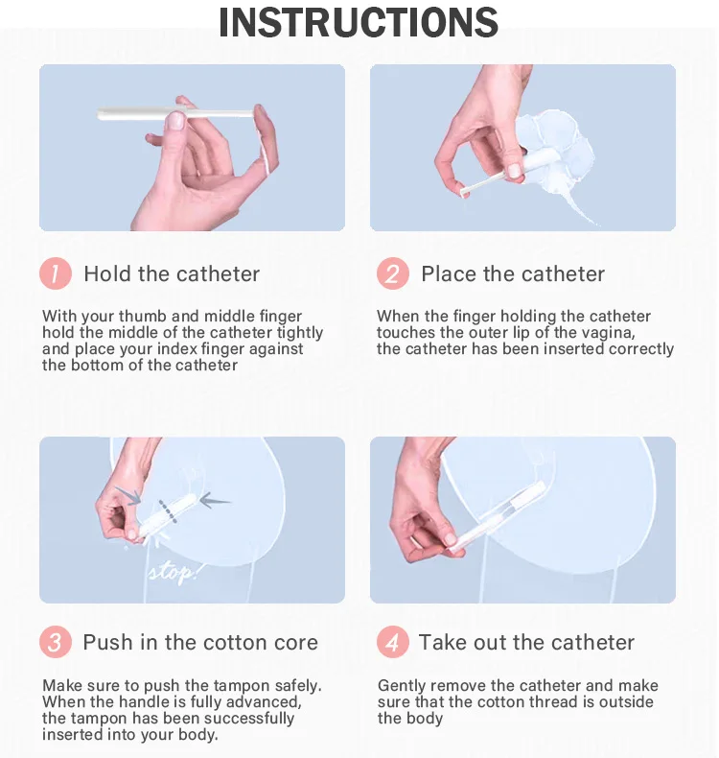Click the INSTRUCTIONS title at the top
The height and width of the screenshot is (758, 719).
(x=359, y=22)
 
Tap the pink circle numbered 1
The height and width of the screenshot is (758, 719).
(x=56, y=273)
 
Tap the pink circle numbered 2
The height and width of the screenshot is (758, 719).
(x=393, y=273)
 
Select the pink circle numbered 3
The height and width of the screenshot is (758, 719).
(x=56, y=642)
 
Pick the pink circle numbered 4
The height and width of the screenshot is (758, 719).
(x=393, y=642)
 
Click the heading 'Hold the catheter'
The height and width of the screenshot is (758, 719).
(x=172, y=273)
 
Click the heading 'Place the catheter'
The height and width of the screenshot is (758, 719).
(x=513, y=273)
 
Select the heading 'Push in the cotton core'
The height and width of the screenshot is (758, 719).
(x=200, y=642)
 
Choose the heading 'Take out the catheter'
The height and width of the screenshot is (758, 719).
(x=527, y=642)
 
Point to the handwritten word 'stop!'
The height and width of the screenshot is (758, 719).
(x=173, y=574)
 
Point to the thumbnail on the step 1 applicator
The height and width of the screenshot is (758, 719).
(x=176, y=120)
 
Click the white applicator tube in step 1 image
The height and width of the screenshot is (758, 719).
(x=175, y=113)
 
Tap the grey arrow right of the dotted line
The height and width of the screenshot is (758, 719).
(x=215, y=501)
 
